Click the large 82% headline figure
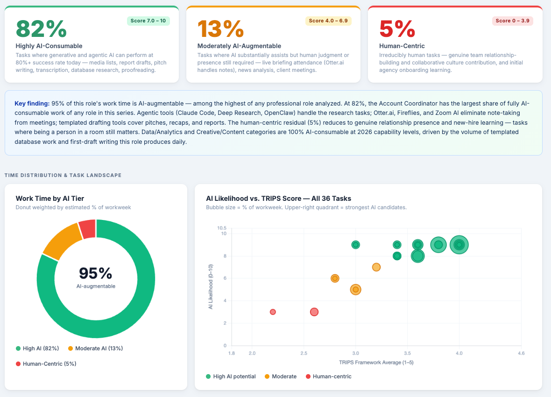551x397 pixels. coord(42,28)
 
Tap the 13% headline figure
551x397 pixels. coord(220,28)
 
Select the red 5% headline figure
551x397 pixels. coord(397,28)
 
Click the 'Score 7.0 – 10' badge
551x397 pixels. coord(148,21)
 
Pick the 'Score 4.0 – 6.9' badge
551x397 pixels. coord(328,21)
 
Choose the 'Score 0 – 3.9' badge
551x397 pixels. coord(512,21)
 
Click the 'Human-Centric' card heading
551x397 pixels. coord(402,46)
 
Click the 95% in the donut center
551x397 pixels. coord(96,273)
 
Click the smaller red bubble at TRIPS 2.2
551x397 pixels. coord(273,312)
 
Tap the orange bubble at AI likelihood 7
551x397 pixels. coord(376,267)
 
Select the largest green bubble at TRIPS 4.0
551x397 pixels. coord(459,245)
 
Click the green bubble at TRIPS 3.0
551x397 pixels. coord(356,245)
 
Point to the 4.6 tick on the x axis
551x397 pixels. coord(521,354)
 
